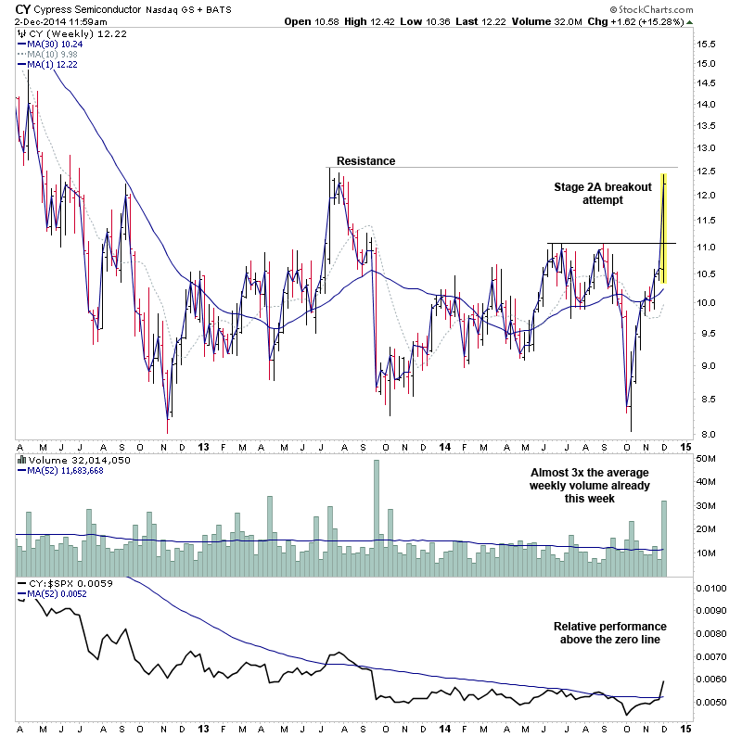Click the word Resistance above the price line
click(365, 161)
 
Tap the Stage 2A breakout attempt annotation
click(603, 193)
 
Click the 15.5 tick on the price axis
click(707, 43)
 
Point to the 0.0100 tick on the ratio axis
click(710, 588)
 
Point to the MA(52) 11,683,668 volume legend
click(70, 471)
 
